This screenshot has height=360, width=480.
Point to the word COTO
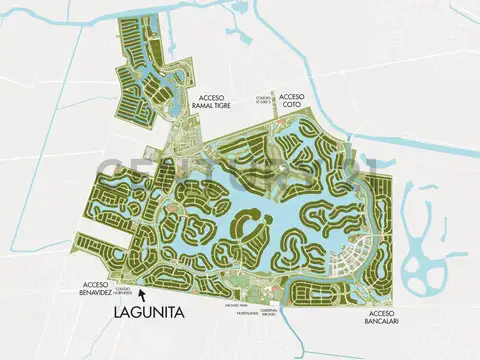point(294,97)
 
